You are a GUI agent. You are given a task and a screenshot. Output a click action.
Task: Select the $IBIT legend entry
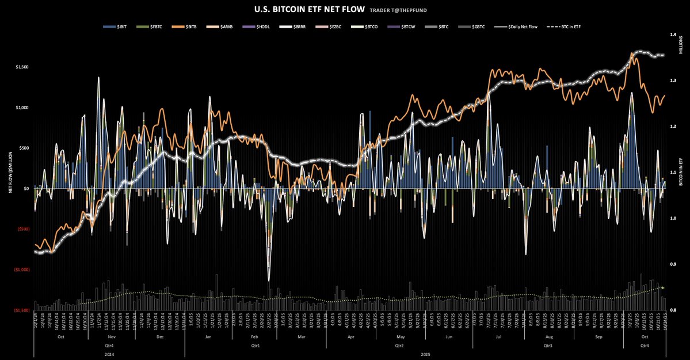117,27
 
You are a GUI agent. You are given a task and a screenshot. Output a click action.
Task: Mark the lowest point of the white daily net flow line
269,281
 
